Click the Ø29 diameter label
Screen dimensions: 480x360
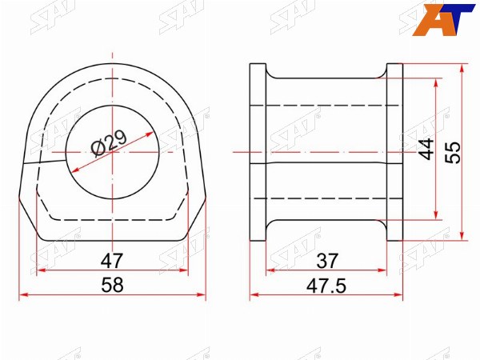point(109,143)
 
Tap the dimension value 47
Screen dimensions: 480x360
point(112,261)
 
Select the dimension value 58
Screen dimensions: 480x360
point(112,285)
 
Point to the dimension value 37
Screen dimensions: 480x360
point(327,261)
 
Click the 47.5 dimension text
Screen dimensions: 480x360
point(326,286)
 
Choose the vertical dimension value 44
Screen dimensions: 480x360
point(426,149)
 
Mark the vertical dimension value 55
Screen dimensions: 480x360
point(453,152)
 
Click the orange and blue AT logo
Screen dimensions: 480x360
point(443,20)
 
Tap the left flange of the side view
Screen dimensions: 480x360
point(258,152)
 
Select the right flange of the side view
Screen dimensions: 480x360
point(395,152)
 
